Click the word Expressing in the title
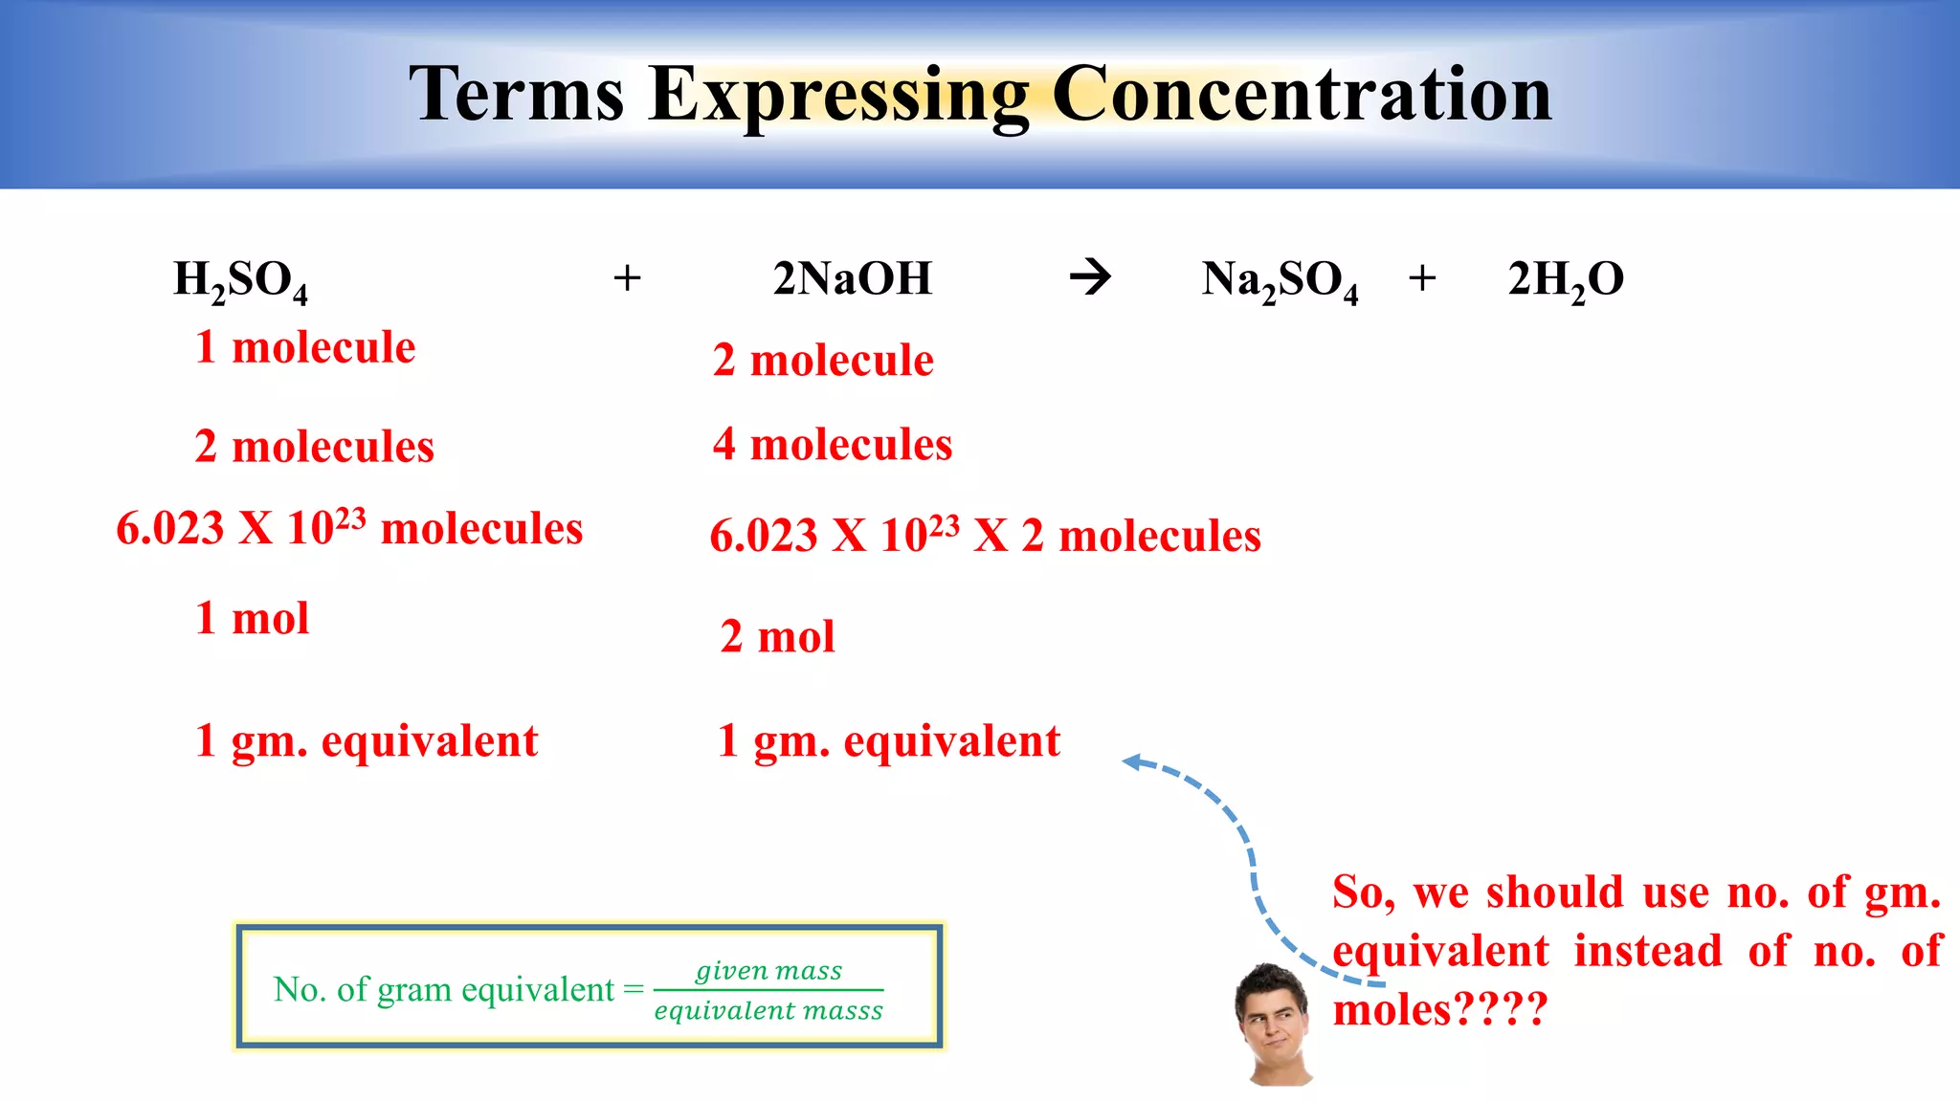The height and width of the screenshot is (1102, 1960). [x=838, y=96]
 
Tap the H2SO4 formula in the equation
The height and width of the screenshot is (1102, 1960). [x=240, y=280]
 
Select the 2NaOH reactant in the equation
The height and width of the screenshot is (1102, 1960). [x=852, y=278]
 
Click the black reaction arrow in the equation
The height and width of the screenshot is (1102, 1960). [x=1090, y=277]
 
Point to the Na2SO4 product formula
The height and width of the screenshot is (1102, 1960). [x=1280, y=280]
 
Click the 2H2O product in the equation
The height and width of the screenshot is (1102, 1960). [x=1566, y=280]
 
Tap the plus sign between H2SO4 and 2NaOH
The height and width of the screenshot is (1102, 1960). [x=627, y=278]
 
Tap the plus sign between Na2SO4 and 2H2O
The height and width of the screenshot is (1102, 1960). [x=1422, y=278]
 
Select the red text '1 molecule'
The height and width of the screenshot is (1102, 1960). [x=305, y=347]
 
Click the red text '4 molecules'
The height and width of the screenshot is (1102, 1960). [x=833, y=445]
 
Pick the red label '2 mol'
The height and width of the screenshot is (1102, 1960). [x=777, y=637]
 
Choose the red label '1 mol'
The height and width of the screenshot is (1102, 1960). [x=252, y=619]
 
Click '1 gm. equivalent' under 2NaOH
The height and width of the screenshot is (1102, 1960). [x=888, y=741]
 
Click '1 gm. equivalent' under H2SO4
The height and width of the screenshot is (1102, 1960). [x=366, y=741]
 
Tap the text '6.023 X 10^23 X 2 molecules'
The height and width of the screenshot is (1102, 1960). [x=985, y=536]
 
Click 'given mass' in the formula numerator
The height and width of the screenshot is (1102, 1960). [x=768, y=971]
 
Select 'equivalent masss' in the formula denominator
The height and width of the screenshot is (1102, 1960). [x=768, y=1011]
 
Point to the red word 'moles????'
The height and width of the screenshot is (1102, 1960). [x=1438, y=1010]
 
